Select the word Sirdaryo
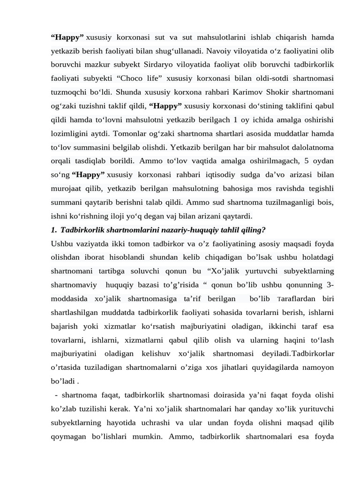point(170,64)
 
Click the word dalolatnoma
point(311,147)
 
